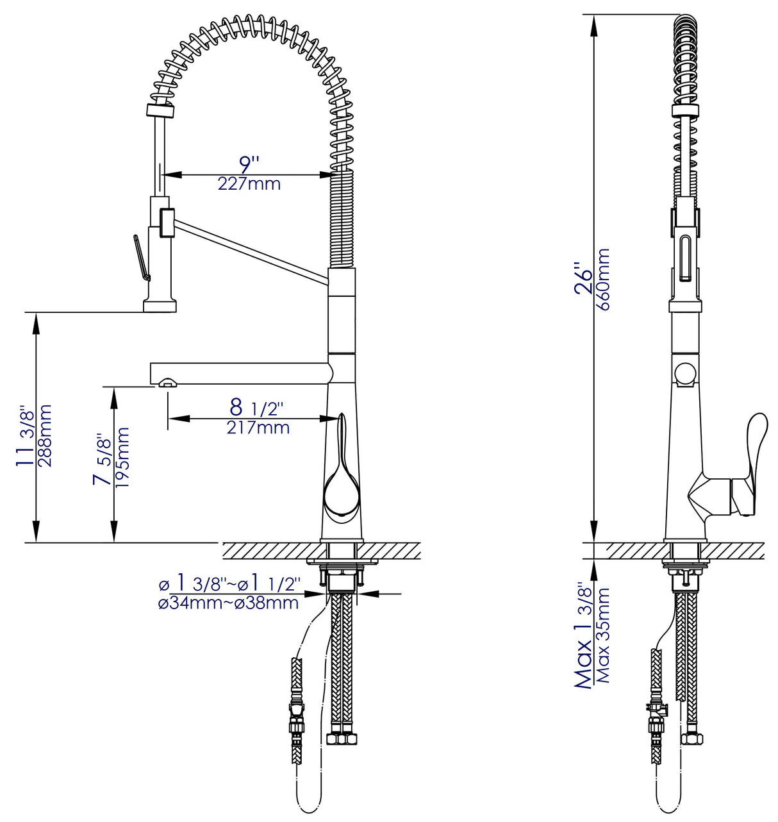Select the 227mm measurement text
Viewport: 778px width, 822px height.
click(249, 185)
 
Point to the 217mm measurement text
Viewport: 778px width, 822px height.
click(258, 428)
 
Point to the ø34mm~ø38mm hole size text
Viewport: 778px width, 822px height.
click(228, 603)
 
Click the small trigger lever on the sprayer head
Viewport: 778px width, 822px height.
click(142, 257)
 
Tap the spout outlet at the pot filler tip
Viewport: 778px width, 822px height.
click(165, 383)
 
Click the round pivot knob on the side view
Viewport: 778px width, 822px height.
click(685, 373)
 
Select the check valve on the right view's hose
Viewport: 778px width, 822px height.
click(657, 709)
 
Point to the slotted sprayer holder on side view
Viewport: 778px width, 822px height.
click(684, 257)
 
